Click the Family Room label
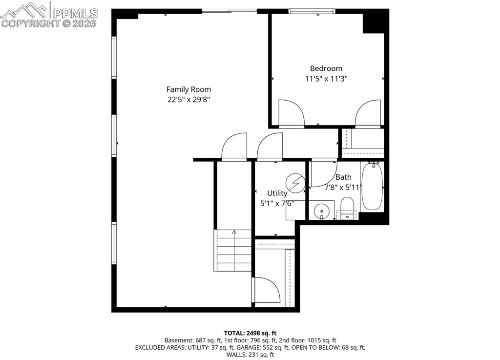coord(188,89)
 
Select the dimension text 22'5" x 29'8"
coord(188,100)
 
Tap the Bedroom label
coord(326,68)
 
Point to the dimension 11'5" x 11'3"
coord(326,78)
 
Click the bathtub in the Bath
coord(372,186)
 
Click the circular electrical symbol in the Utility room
coord(295,182)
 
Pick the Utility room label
coord(277,193)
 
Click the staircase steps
coord(233,250)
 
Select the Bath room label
coord(343,177)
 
